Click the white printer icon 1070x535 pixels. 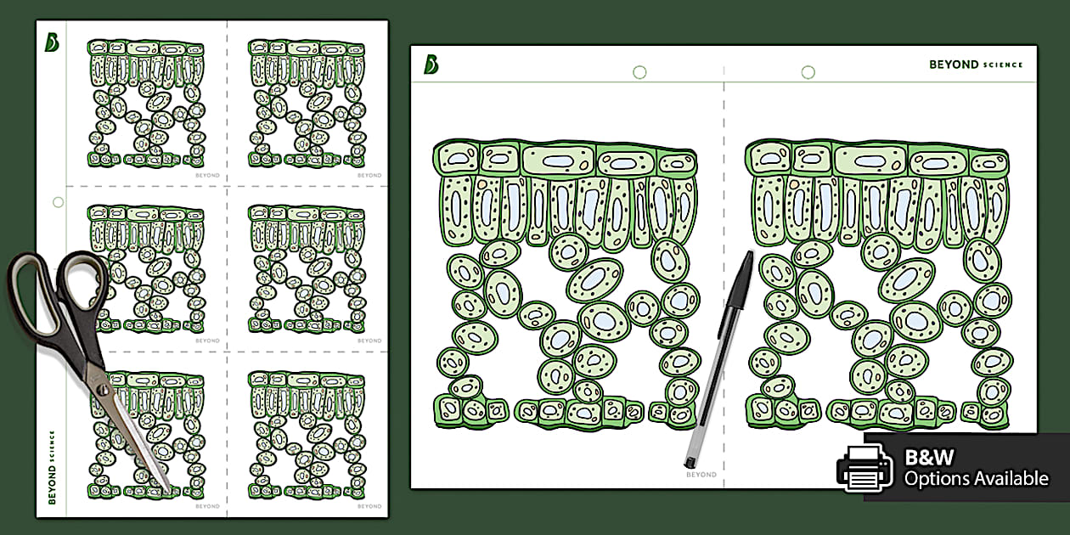tap(864, 467)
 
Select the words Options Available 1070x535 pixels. tap(976, 479)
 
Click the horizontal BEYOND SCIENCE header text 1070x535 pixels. tap(976, 65)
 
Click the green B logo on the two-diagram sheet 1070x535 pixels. tap(431, 65)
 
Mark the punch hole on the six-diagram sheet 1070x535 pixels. tap(58, 203)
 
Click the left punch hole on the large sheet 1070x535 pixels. tap(639, 72)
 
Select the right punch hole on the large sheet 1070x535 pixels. tap(808, 72)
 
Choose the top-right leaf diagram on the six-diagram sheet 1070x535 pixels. tap(307, 104)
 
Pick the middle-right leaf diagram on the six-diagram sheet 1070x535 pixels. tap(307, 268)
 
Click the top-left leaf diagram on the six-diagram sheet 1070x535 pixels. tap(147, 104)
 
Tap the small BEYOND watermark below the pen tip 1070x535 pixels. tap(701, 475)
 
